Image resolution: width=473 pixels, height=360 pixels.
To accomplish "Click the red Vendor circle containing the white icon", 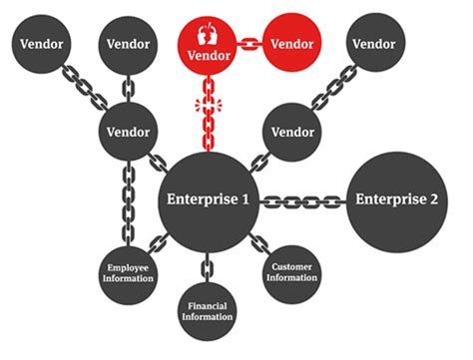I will pyautogui.click(x=208, y=45).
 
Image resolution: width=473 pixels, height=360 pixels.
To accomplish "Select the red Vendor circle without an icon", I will pyautogui.click(x=292, y=45).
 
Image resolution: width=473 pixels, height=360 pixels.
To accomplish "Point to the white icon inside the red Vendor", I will pyautogui.click(x=208, y=30).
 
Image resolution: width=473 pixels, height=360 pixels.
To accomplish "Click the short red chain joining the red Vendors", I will pyautogui.click(x=249, y=45).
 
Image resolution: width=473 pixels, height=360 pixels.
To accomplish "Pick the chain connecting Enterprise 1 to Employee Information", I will pyautogui.click(x=155, y=241).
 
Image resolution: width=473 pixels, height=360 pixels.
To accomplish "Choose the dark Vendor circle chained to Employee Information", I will pyautogui.click(x=129, y=131).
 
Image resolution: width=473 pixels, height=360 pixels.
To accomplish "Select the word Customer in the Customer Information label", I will pyautogui.click(x=292, y=265).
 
